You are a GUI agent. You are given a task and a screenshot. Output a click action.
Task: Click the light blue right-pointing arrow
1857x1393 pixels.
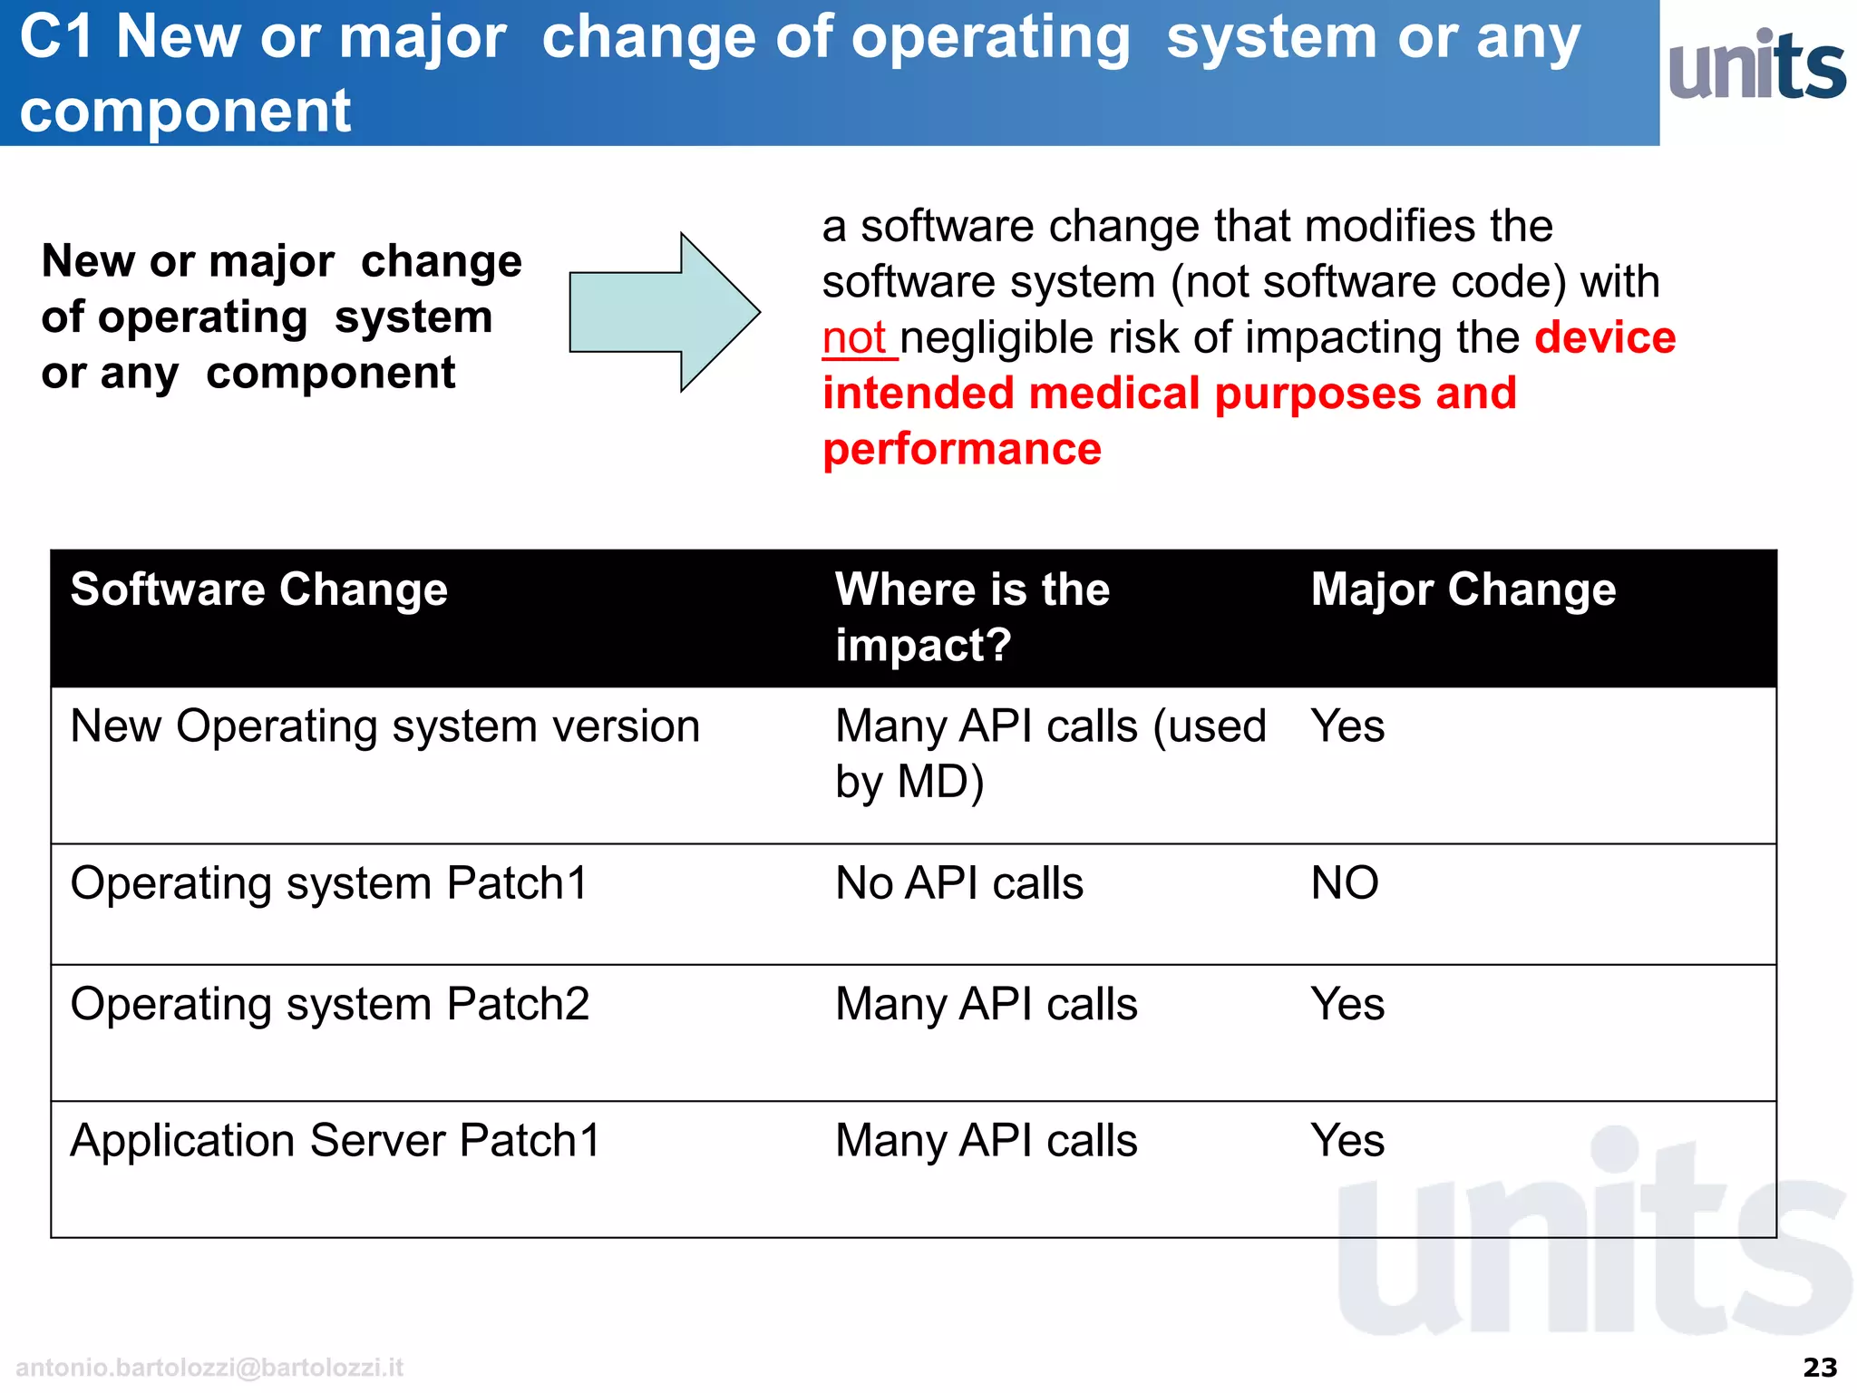click(x=663, y=312)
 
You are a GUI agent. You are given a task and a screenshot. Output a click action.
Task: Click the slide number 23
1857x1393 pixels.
click(x=1819, y=1367)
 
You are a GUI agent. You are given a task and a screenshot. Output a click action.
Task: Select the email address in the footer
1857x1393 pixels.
click(x=209, y=1367)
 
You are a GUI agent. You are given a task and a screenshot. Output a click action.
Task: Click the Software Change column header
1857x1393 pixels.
click(x=259, y=589)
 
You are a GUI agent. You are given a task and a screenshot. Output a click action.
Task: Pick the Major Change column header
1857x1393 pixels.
click(x=1463, y=589)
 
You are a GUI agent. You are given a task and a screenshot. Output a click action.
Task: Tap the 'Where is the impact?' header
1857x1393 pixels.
click(x=972, y=617)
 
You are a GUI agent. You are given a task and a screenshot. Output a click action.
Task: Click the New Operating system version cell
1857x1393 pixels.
click(x=385, y=726)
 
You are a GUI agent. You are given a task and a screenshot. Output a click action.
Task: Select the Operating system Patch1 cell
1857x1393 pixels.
click(x=330, y=882)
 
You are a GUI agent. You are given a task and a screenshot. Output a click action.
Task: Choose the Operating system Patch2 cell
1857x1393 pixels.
click(x=330, y=1004)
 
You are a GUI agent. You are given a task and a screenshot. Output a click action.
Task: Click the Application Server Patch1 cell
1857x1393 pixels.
click(x=335, y=1140)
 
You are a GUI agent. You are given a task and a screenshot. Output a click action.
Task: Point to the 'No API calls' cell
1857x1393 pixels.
click(x=959, y=882)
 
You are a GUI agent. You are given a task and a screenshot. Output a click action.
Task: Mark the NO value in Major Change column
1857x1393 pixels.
click(x=1345, y=882)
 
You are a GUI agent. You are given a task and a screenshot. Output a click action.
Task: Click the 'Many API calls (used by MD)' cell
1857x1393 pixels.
click(x=1050, y=753)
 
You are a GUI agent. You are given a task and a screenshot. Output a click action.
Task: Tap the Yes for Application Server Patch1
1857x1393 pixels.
click(x=1347, y=1140)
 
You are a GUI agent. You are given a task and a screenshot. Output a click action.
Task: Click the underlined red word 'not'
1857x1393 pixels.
click(x=854, y=338)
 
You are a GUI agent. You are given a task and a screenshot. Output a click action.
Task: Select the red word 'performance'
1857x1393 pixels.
click(x=962, y=449)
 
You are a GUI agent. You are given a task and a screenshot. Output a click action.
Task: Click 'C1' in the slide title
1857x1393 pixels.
click(x=56, y=38)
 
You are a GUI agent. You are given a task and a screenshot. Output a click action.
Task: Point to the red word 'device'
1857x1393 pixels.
click(x=1605, y=337)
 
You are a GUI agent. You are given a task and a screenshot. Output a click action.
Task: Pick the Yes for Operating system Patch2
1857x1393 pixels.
click(x=1347, y=1004)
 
